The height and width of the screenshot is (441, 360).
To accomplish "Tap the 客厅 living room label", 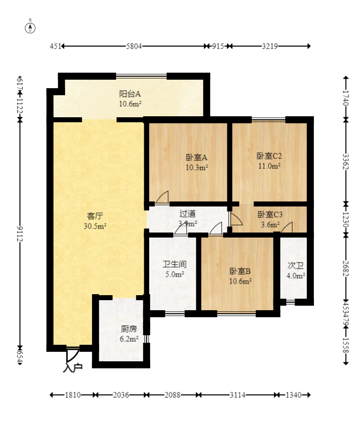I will tap(95, 216).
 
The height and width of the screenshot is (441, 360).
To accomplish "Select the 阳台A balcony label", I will tap(130, 94).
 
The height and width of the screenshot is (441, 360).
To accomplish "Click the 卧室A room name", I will tap(196, 156).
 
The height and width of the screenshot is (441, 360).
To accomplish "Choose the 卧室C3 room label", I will tap(270, 214).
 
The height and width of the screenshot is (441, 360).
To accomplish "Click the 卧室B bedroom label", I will tap(240, 271).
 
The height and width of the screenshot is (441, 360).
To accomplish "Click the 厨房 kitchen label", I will tap(129, 329).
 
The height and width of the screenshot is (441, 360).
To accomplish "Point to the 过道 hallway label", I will tap(188, 214).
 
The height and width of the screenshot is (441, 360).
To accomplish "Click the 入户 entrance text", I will tap(73, 368).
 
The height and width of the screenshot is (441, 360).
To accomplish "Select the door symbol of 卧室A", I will tap(162, 198).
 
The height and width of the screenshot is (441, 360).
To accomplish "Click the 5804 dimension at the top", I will tap(134, 46).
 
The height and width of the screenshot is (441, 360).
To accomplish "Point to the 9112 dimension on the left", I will tap(20, 233).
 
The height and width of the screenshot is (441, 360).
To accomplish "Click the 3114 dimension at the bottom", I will tap(237, 395).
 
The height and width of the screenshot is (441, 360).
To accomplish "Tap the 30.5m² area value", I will tap(95, 226).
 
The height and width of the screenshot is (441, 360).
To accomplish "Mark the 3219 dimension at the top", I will tap(269, 46).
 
